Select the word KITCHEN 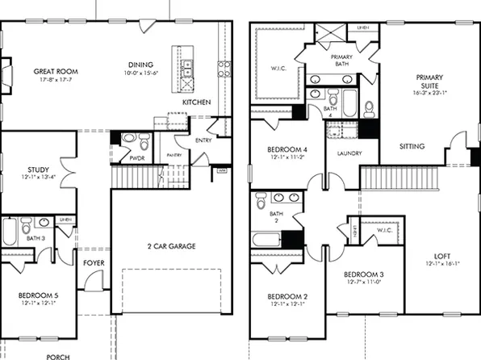pyautogui.click(x=196, y=103)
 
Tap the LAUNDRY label pyautogui.click(x=343, y=153)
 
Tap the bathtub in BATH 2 pyautogui.click(x=266, y=240)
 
